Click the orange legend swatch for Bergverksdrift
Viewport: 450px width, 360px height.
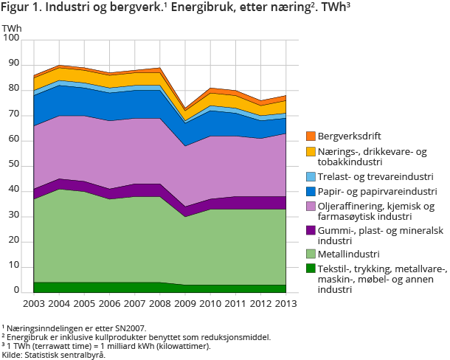(311, 136)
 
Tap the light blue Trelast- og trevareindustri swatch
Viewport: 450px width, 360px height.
(311, 176)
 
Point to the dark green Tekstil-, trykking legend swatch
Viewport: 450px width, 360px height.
(311, 269)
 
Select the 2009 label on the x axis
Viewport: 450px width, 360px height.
(184, 305)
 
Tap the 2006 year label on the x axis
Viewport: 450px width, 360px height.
(109, 305)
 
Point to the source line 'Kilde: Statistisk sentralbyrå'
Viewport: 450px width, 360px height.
(53, 355)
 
